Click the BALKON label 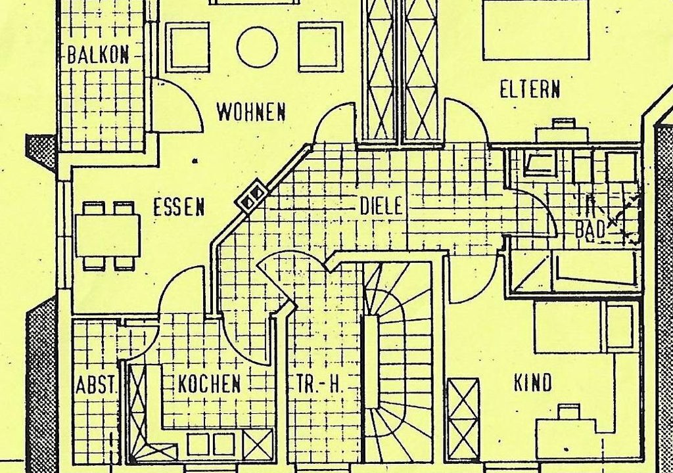click(x=98, y=55)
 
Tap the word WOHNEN click(x=251, y=112)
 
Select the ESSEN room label click(x=179, y=208)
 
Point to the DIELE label click(x=381, y=206)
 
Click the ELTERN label click(x=530, y=89)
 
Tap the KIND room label click(x=532, y=383)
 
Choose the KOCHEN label click(x=209, y=384)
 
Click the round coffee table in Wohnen click(x=257, y=47)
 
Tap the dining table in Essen click(x=108, y=235)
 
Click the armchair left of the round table click(x=187, y=47)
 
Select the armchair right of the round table click(x=320, y=47)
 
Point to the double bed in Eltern click(x=536, y=30)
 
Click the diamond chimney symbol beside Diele click(x=253, y=195)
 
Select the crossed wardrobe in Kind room click(x=463, y=419)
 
